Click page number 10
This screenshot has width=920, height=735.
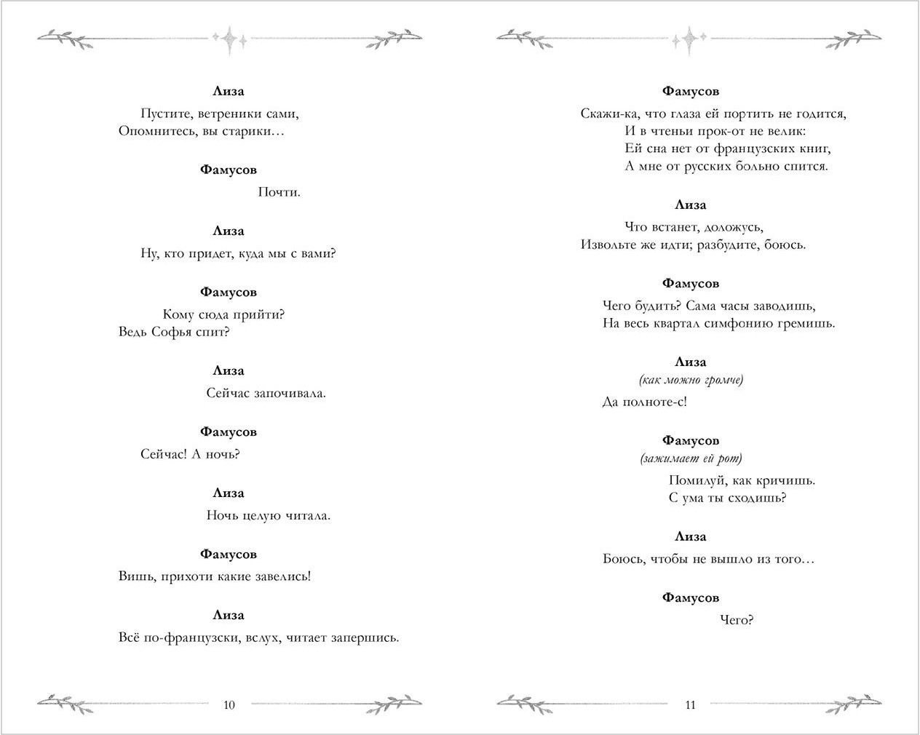click(229, 704)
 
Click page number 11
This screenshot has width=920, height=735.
click(690, 704)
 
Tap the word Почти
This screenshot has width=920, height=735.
click(279, 192)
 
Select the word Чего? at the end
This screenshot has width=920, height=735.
click(736, 620)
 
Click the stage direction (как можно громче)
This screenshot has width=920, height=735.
click(690, 380)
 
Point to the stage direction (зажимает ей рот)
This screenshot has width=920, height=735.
click(690, 458)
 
